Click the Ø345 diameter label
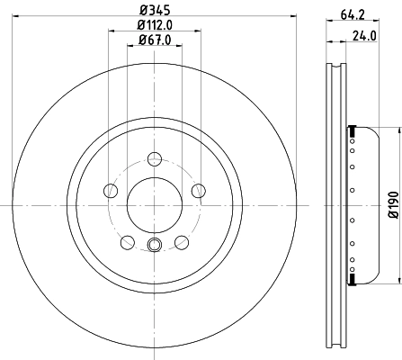pos(154,11)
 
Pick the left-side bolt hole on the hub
pos(111,190)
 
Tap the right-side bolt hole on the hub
pos(196,190)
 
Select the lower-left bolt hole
pos(127,241)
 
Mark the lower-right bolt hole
pos(181,241)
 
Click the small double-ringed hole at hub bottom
pos(154,247)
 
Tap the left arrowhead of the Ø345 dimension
pos(18,20)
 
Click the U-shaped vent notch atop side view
pos(335,68)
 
